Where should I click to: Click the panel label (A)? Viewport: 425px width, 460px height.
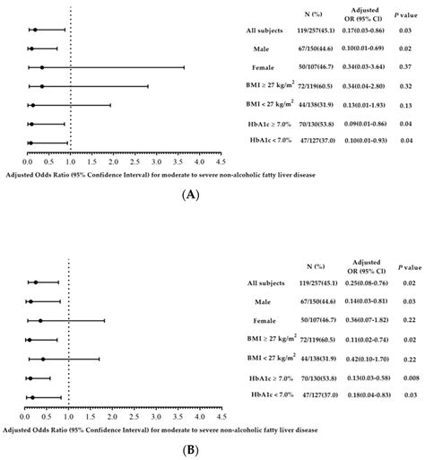tap(212, 194)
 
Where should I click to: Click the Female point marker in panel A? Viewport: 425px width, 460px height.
tap(41, 67)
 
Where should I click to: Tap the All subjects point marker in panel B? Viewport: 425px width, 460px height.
tap(35, 282)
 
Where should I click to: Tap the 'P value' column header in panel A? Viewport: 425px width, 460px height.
tap(404, 15)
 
